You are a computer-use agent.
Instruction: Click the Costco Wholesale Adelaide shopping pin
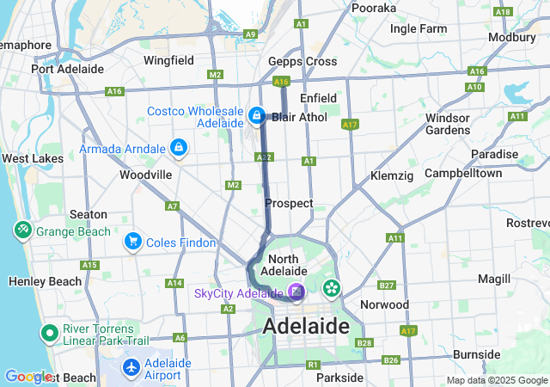(x=256, y=114)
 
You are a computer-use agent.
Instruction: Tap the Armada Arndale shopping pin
(x=178, y=149)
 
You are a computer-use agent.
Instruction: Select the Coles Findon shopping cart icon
(x=132, y=243)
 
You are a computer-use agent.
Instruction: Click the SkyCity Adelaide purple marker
(x=296, y=293)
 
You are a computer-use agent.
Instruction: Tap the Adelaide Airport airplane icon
(x=131, y=368)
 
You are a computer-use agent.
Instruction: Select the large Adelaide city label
(x=307, y=327)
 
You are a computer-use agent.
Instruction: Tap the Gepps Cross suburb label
(x=302, y=62)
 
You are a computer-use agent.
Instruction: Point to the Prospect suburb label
(x=289, y=204)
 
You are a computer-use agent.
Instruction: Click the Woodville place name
(x=145, y=175)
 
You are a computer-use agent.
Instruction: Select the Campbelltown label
(x=463, y=173)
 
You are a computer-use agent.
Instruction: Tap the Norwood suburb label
(x=384, y=304)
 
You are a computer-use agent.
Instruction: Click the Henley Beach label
(x=44, y=281)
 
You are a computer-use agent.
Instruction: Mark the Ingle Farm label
(x=419, y=28)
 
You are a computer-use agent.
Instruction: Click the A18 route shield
(x=504, y=11)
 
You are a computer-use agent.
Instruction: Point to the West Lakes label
(x=32, y=159)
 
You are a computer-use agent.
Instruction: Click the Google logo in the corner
(x=27, y=377)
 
